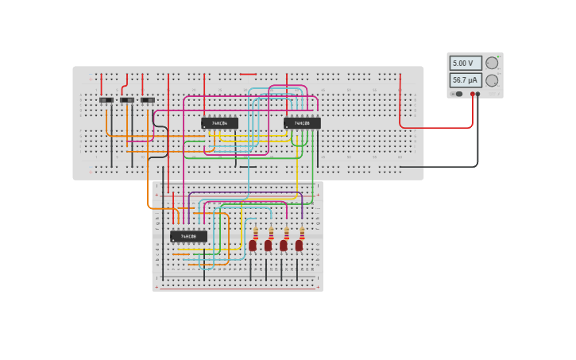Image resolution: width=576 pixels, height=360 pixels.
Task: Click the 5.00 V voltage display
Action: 465,63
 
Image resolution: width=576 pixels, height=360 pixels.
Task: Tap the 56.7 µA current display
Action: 465,80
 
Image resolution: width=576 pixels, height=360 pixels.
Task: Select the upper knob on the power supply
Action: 492,63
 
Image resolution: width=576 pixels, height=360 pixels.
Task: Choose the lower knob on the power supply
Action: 492,80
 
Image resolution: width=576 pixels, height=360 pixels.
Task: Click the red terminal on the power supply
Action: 472,94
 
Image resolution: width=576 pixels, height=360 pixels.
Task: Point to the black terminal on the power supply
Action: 477,94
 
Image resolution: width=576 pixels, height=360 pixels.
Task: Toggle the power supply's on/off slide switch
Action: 458,94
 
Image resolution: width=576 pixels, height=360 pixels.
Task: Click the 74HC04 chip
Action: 219,123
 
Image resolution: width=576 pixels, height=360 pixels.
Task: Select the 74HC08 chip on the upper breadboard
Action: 302,123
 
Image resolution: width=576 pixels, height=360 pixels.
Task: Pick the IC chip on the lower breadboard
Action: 188,236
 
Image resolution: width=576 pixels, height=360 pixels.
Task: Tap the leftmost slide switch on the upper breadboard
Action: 106,100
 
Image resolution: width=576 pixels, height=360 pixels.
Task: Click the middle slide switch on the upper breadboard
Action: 127,100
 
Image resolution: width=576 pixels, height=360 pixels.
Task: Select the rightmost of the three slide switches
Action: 148,100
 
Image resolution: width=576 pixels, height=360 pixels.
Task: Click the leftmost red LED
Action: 253,246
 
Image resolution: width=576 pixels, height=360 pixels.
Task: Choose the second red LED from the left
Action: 269,246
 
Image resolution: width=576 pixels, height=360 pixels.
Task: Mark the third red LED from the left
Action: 284,246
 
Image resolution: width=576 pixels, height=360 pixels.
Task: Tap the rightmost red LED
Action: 299,246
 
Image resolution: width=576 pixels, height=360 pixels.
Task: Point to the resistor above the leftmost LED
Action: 256,233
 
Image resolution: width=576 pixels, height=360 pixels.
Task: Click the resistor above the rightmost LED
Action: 302,233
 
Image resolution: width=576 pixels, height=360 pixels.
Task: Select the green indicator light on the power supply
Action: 452,94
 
